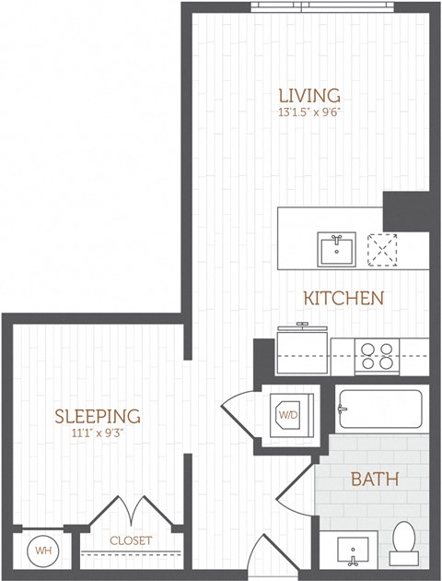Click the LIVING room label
[x=308, y=95]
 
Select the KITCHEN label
[x=344, y=298]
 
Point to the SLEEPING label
[x=97, y=416]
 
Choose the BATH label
[x=374, y=480]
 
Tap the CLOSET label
[x=131, y=540]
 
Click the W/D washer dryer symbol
[x=289, y=415]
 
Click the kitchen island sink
[x=337, y=248]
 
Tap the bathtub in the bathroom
[x=379, y=409]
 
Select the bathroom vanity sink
[x=354, y=551]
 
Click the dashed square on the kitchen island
[x=382, y=249]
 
